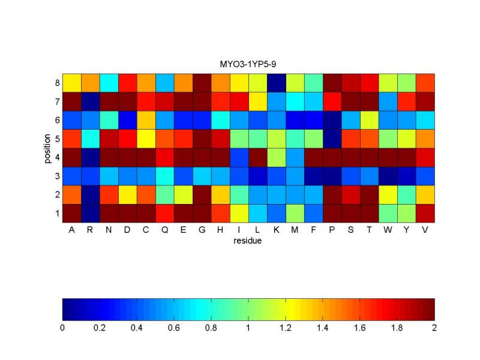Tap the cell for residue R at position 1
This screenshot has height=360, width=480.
click(x=90, y=213)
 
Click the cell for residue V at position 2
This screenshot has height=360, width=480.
click(x=425, y=194)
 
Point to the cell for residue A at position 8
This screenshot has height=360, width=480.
click(x=72, y=82)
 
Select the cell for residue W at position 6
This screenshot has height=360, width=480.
click(x=388, y=120)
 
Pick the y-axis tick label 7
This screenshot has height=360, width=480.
click(x=57, y=101)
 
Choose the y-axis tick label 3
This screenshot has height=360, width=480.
click(x=57, y=176)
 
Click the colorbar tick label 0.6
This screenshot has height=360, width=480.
click(x=174, y=328)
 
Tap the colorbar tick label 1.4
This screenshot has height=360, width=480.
click(x=323, y=328)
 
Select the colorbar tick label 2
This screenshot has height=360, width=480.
click(x=434, y=328)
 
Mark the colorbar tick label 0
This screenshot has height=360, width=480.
click(x=62, y=328)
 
